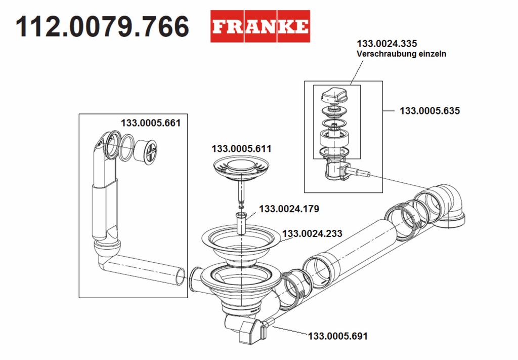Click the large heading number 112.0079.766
pyautogui.click(x=102, y=26)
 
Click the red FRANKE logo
pyautogui.click(x=261, y=26)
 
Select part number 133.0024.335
pyautogui.click(x=387, y=44)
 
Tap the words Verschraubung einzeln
pyautogui.click(x=401, y=54)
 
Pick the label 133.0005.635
pyautogui.click(x=430, y=110)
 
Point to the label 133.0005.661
pyautogui.click(x=151, y=123)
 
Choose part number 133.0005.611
pyautogui.click(x=241, y=149)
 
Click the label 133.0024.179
pyautogui.click(x=289, y=209)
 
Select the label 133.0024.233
pyautogui.click(x=312, y=233)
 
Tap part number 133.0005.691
pyautogui.click(x=337, y=336)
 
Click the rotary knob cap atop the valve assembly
pyautogui.click(x=334, y=95)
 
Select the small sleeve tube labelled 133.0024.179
pyautogui.click(x=241, y=223)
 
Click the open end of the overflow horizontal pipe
pyautogui.click(x=180, y=276)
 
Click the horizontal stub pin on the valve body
pyautogui.click(x=359, y=172)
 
